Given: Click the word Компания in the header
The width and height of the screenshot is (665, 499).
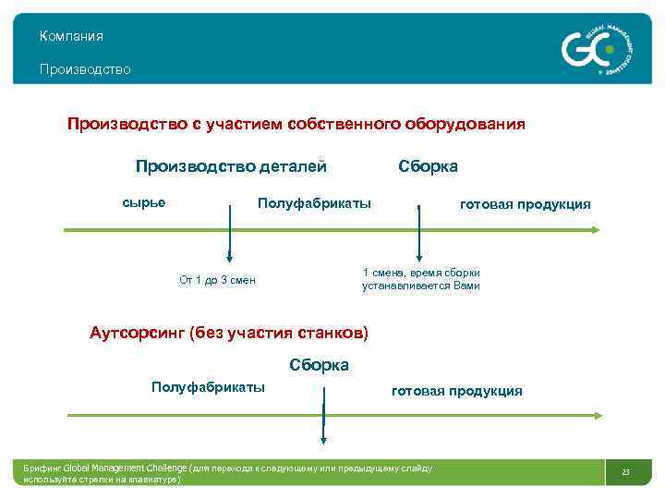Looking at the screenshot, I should point(71,36).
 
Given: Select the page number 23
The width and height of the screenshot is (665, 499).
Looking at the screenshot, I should point(625,473).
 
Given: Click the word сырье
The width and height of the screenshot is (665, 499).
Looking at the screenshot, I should point(144,202).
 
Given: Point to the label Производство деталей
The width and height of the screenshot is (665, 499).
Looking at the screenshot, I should point(231,166).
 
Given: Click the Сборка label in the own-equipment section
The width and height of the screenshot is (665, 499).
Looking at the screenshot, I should point(428,166).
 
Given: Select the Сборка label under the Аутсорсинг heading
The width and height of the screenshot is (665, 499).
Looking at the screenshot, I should point(319,365).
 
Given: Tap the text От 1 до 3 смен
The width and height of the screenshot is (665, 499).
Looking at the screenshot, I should point(217,280).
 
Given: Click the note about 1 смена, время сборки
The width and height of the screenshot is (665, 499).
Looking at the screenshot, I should point(420,279).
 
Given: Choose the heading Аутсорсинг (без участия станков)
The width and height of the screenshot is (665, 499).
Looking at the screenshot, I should point(228,333).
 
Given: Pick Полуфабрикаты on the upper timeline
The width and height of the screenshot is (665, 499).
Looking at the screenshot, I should point(314,202).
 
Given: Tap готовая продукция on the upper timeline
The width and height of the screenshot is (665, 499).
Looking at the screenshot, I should point(525,204).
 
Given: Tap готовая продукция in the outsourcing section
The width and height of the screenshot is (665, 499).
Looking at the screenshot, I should point(456,391).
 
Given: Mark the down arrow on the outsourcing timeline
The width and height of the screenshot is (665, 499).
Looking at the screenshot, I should point(323,420).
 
